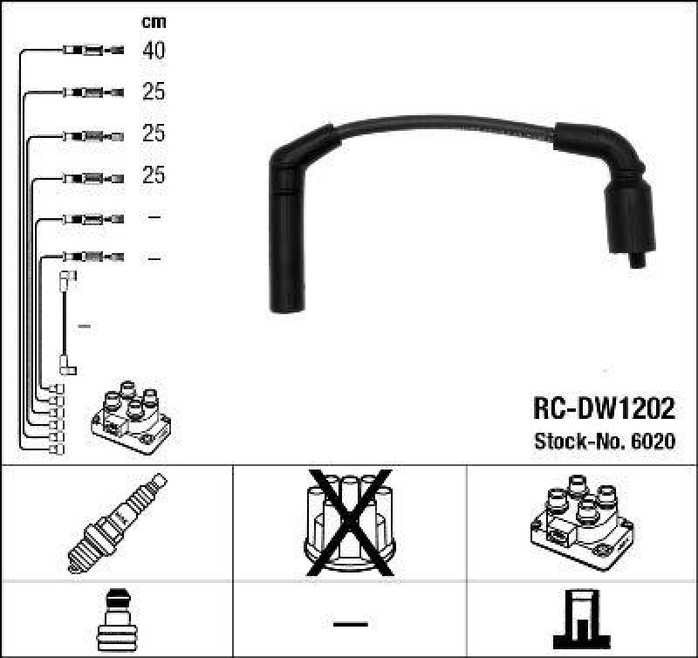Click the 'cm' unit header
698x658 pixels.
[x=154, y=21]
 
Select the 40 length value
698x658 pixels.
[x=154, y=51]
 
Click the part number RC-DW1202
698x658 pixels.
[x=603, y=410]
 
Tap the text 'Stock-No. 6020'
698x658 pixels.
[x=604, y=442]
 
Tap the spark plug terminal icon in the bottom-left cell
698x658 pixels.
[x=117, y=620]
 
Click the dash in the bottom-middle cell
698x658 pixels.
[x=349, y=623]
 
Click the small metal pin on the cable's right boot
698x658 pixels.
[x=638, y=258]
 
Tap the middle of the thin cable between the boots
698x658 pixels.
[x=445, y=132]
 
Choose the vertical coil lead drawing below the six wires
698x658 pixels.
[x=65, y=323]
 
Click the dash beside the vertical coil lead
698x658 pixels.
[x=85, y=326]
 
